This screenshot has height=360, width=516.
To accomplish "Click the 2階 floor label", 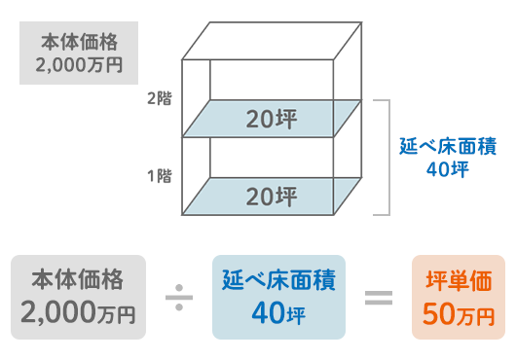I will pyautogui.click(x=160, y=97).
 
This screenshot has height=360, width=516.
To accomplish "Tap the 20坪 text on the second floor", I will pyautogui.click(x=272, y=120).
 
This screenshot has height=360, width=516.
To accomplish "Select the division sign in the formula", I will pyautogui.click(x=179, y=297).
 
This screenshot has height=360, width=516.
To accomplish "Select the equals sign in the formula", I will pyautogui.click(x=379, y=297).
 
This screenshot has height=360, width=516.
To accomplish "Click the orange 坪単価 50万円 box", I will pyautogui.click(x=459, y=297).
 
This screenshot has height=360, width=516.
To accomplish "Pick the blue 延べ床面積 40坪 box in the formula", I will pyautogui.click(x=278, y=297).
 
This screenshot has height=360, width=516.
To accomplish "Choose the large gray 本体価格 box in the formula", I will pyautogui.click(x=78, y=297).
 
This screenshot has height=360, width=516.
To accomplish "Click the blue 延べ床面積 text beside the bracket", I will pyautogui.click(x=448, y=147).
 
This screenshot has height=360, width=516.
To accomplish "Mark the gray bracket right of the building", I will pyautogui.click(x=387, y=156).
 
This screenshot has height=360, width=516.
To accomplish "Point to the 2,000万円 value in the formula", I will pyautogui.click(x=78, y=314).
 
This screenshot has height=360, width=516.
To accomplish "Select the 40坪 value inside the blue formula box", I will pyautogui.click(x=278, y=314).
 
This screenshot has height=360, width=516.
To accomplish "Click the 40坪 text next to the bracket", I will pyautogui.click(x=448, y=169).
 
